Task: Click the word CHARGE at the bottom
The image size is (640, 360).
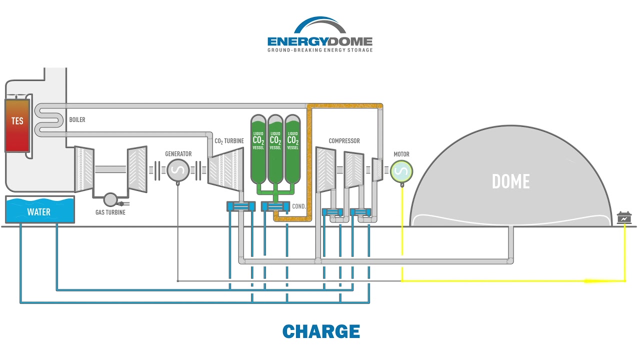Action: click(321, 331)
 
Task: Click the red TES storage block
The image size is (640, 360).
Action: click(17, 125)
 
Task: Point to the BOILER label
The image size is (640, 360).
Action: click(77, 120)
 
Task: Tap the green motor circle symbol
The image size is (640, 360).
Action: click(401, 171)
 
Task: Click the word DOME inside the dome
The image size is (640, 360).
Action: click(510, 181)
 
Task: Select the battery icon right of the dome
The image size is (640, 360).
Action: click(624, 218)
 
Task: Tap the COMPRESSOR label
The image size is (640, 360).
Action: click(344, 141)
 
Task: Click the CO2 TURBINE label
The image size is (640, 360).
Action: click(229, 141)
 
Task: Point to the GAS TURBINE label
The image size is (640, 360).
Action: click(110, 212)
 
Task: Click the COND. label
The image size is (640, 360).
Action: click(299, 206)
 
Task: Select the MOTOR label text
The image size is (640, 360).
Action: click(401, 154)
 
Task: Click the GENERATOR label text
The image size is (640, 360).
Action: click(178, 154)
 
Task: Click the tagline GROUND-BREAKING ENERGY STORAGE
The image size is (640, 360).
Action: click(320, 50)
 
